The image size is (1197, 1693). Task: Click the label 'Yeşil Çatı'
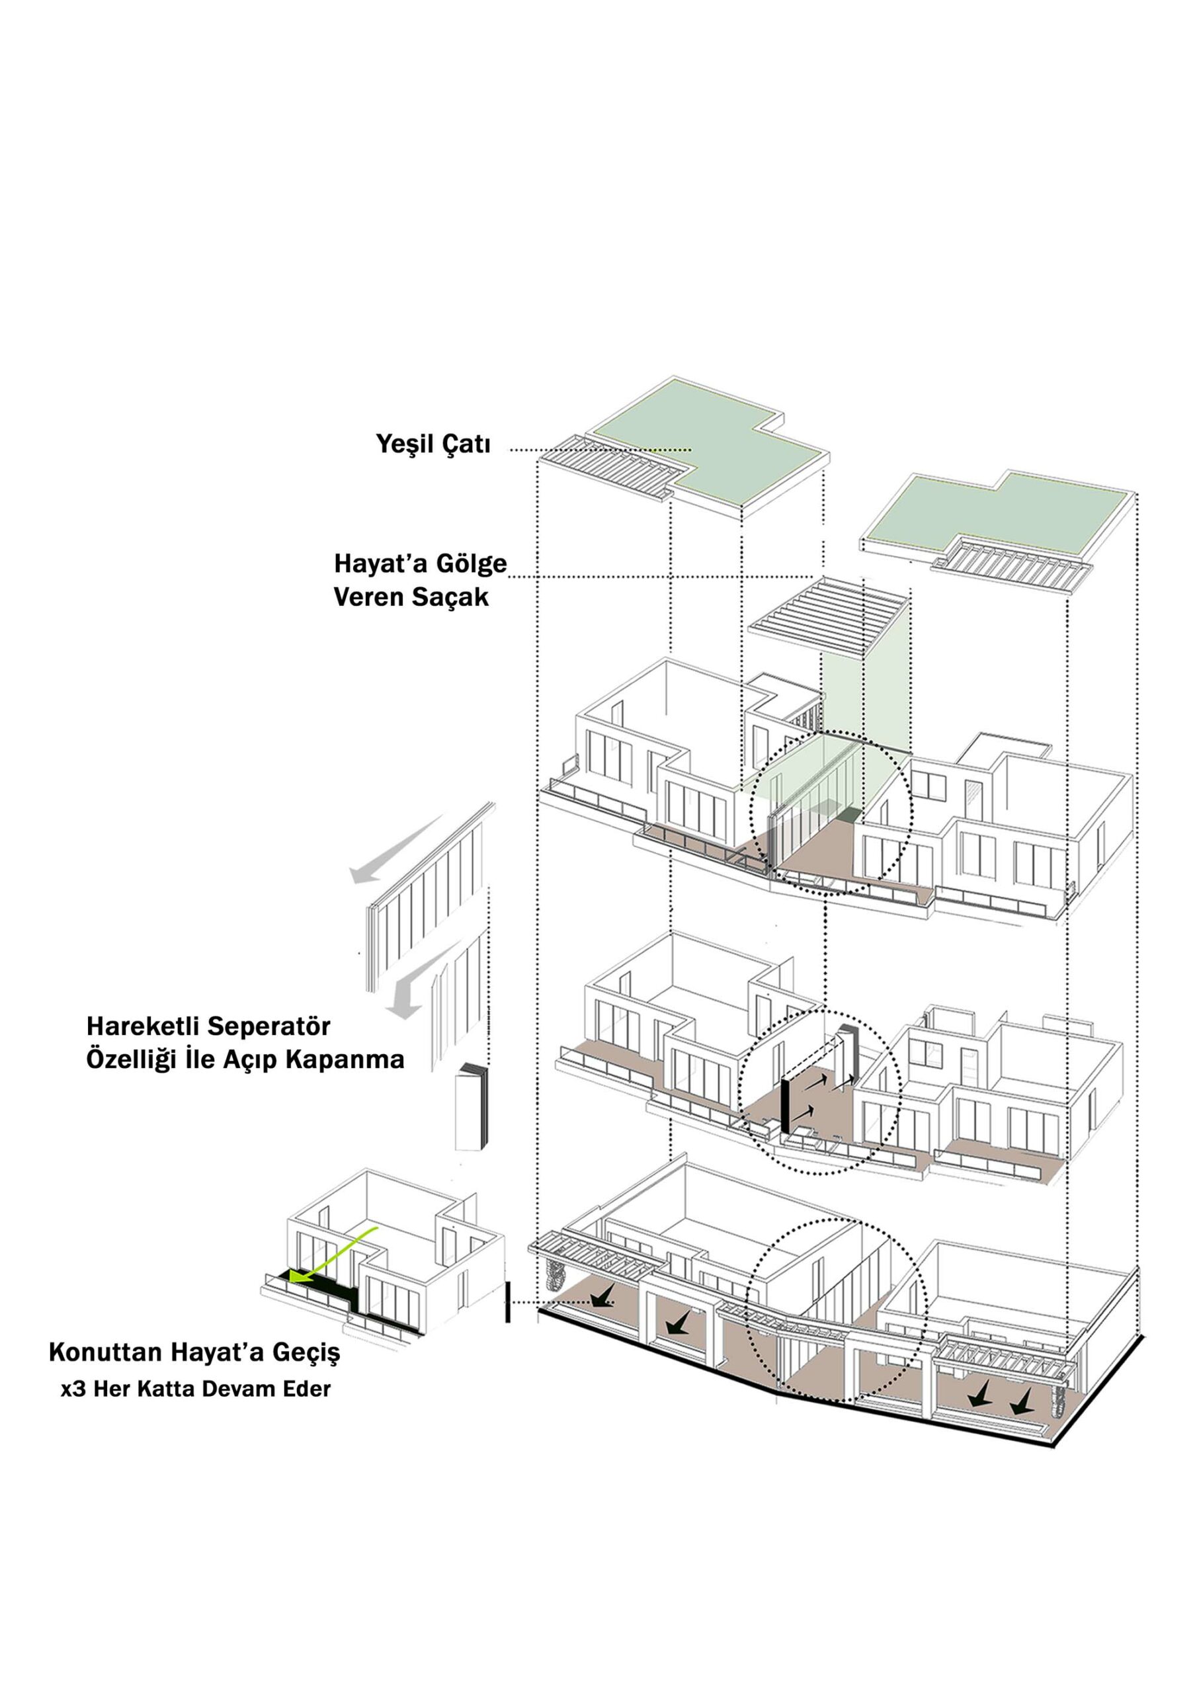(433, 444)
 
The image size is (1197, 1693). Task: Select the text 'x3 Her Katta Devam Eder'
(196, 1389)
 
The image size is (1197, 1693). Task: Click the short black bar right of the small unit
(507, 1301)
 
